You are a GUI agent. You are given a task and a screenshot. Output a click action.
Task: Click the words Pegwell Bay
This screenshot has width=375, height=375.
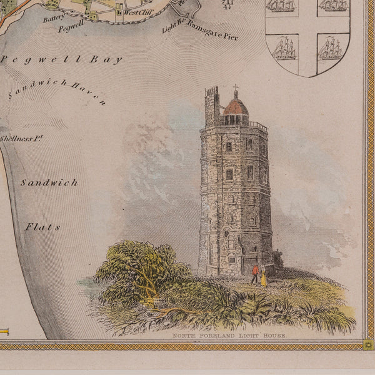pyautogui.click(x=61, y=60)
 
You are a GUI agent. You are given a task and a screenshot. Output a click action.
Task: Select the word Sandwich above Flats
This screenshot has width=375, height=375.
pyautogui.click(x=49, y=183)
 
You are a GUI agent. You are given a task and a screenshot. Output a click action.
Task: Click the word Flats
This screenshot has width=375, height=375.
pyautogui.click(x=43, y=227)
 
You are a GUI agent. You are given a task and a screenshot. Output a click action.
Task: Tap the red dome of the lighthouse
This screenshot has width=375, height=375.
pyautogui.click(x=236, y=107)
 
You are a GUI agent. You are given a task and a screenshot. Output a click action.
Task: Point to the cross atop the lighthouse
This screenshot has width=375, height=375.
pyautogui.click(x=236, y=88)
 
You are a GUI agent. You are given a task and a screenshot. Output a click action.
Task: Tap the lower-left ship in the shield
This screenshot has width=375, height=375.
pyautogui.click(x=284, y=49)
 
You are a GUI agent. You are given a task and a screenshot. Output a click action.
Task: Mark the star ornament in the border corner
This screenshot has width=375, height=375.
pyautogui.click(x=369, y=344)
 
